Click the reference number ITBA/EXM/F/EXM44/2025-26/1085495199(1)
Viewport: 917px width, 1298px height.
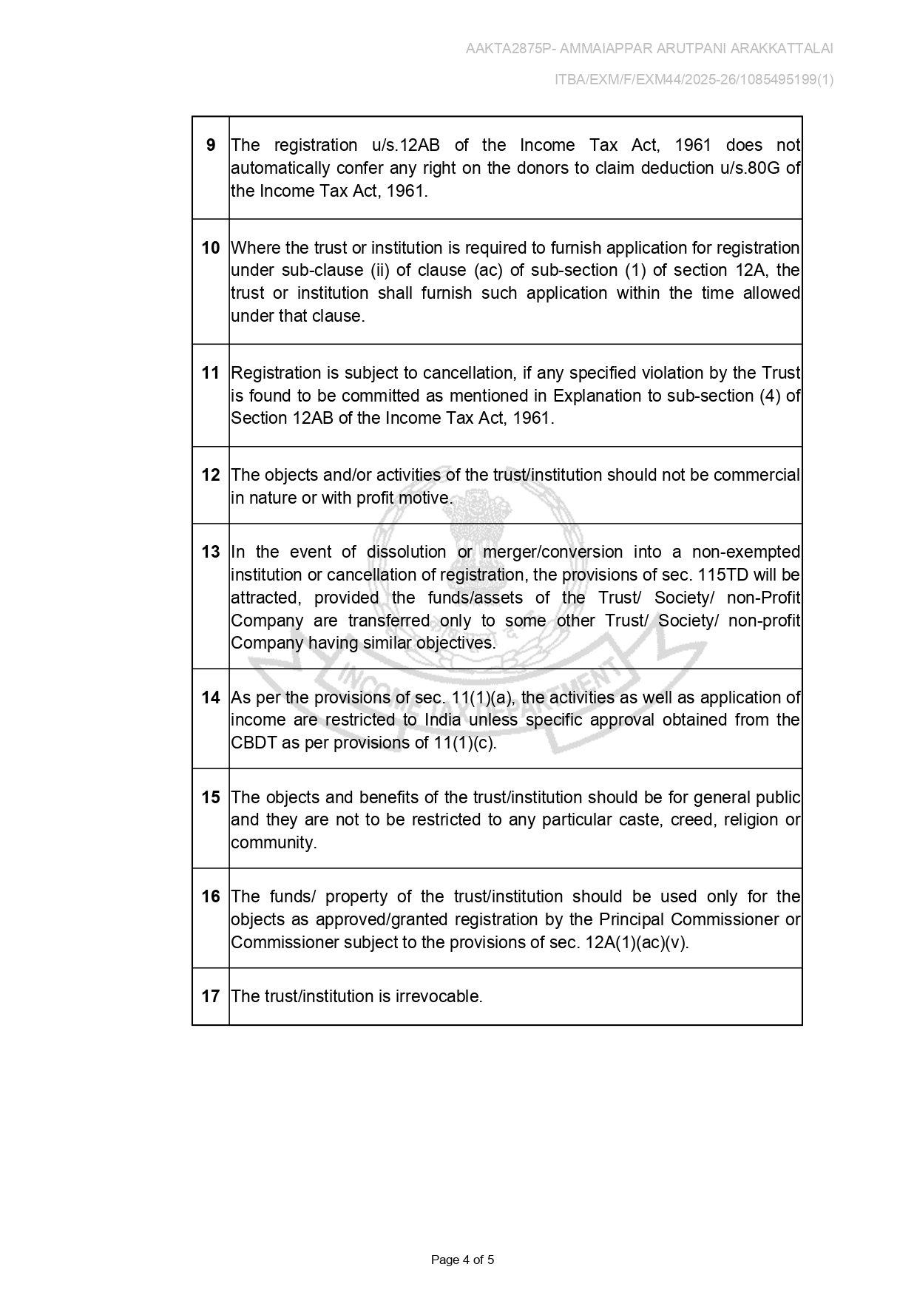pos(694,80)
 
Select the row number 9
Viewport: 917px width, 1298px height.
pos(211,145)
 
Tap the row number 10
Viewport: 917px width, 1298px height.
pos(211,248)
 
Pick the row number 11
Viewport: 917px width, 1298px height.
pos(211,373)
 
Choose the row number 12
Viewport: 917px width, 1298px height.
pos(211,475)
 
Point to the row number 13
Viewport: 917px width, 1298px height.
pos(211,552)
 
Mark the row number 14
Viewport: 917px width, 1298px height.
pos(211,697)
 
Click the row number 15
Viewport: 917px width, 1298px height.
pos(211,797)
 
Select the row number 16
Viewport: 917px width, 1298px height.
pos(211,896)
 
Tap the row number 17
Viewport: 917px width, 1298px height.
pos(211,996)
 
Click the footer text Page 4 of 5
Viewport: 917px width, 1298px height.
pos(462,1260)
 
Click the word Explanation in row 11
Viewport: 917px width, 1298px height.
pos(598,396)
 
